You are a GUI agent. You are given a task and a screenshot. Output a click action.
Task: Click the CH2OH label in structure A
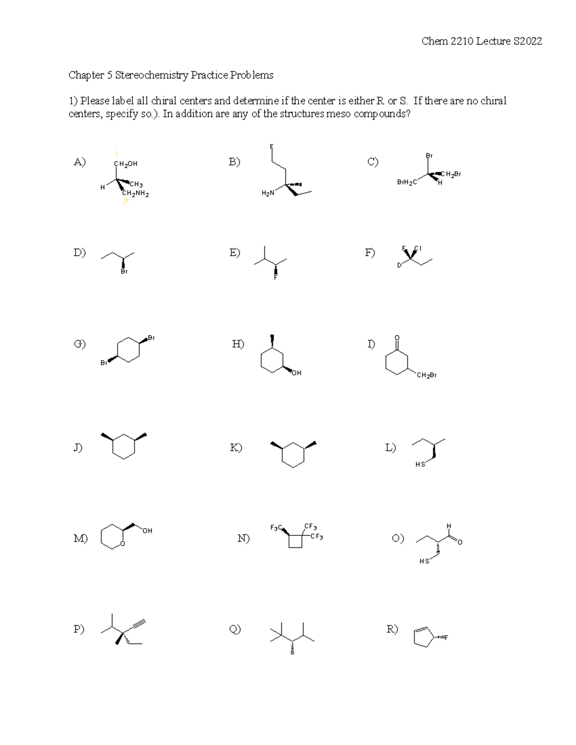coord(126,164)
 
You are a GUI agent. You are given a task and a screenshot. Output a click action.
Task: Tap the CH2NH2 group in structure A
coord(136,194)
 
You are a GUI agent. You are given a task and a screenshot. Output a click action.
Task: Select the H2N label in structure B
coord(268,193)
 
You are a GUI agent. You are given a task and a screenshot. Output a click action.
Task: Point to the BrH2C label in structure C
coord(407,182)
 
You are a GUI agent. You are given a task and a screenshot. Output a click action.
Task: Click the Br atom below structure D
coord(124,272)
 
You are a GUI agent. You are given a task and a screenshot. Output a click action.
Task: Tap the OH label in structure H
coord(296,373)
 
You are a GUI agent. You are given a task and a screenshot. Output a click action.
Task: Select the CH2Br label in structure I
coord(427,375)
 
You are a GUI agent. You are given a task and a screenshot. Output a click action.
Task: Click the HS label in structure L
coord(420,464)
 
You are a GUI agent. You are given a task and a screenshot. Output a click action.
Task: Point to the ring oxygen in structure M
coord(123,544)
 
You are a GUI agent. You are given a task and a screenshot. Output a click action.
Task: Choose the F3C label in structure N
coord(276,528)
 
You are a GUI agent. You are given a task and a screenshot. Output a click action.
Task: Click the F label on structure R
coord(446,638)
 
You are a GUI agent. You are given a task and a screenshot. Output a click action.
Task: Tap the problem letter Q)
coord(235,629)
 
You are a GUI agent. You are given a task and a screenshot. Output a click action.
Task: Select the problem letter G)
coord(80,344)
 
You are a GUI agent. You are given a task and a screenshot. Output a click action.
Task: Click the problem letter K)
coord(236,448)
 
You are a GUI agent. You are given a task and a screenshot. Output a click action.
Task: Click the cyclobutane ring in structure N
coord(296,541)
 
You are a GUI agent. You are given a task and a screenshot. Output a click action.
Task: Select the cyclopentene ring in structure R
coord(423,637)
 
